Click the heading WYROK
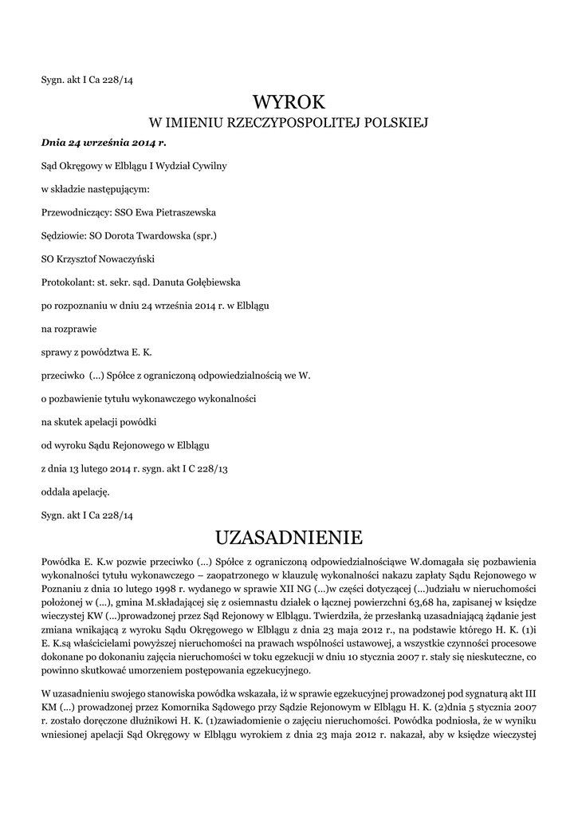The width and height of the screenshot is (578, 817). tap(289, 102)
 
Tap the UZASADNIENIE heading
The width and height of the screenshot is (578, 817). tap(289, 535)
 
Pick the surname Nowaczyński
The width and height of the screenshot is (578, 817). tap(124, 259)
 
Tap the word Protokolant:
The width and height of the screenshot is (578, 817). tap(67, 282)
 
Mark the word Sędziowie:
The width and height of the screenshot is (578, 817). tap(64, 236)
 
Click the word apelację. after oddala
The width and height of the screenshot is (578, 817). tap(92, 491)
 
